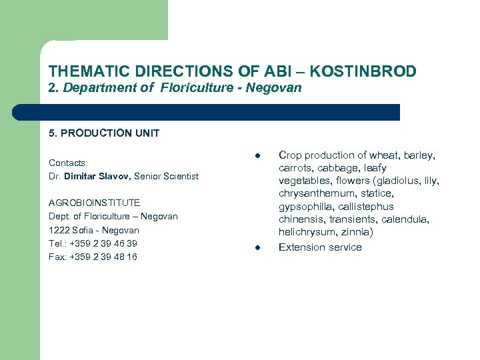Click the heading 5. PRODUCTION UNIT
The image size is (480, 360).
104,133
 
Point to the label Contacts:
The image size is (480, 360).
68,163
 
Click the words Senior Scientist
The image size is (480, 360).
167,176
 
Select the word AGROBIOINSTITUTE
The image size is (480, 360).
94,203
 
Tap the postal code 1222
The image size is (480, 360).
59,230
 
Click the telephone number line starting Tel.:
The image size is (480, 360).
93,243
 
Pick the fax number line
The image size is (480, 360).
93,257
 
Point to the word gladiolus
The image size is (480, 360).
403,181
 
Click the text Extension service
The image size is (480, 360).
320,247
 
